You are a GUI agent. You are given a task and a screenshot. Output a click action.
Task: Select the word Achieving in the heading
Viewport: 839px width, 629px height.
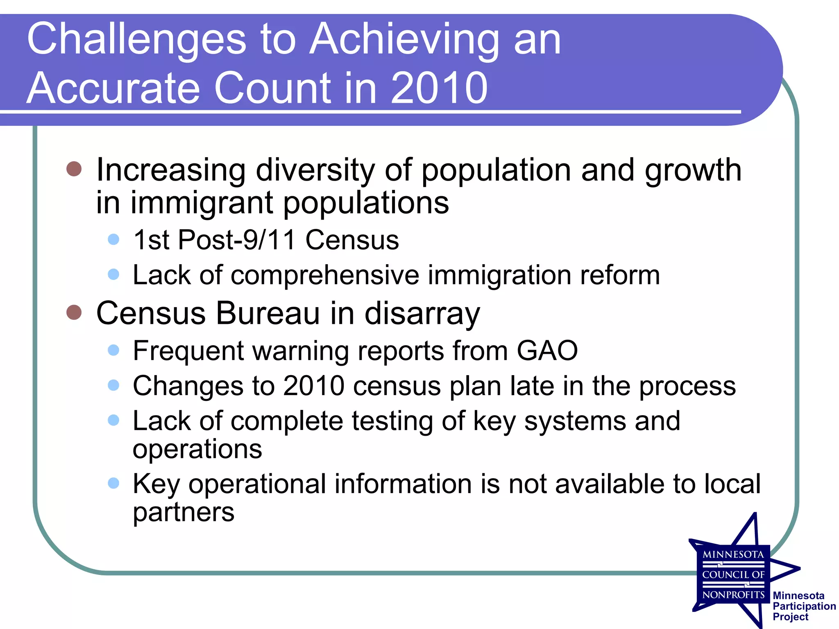(x=404, y=39)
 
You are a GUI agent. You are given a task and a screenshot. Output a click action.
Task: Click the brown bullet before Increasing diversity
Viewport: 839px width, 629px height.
(x=74, y=169)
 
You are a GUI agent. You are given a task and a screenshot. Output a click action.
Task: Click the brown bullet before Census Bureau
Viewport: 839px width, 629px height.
(x=74, y=312)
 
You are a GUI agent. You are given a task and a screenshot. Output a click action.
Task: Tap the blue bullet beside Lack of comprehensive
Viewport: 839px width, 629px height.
(x=113, y=274)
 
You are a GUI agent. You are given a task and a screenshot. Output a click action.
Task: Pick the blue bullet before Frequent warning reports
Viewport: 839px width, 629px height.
(x=113, y=350)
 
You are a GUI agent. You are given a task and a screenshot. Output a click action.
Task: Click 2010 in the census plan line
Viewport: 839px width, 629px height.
(x=314, y=386)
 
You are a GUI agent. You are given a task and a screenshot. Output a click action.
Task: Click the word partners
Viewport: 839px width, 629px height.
(x=184, y=512)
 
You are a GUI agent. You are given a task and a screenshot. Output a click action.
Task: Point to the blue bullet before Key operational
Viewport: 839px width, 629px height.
(x=113, y=484)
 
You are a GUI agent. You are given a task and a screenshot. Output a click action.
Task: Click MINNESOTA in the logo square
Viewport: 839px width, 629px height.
(x=733, y=555)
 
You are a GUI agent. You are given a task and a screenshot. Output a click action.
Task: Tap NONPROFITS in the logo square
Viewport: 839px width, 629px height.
(x=733, y=595)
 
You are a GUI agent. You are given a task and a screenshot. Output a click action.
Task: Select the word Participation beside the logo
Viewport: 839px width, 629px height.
(x=804, y=606)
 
